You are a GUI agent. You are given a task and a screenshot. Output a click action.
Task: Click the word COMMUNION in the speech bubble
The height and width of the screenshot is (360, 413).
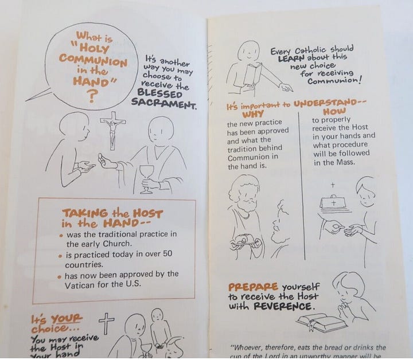(93, 61)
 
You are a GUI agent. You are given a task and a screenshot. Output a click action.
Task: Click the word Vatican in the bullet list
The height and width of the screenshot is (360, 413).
(84, 283)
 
